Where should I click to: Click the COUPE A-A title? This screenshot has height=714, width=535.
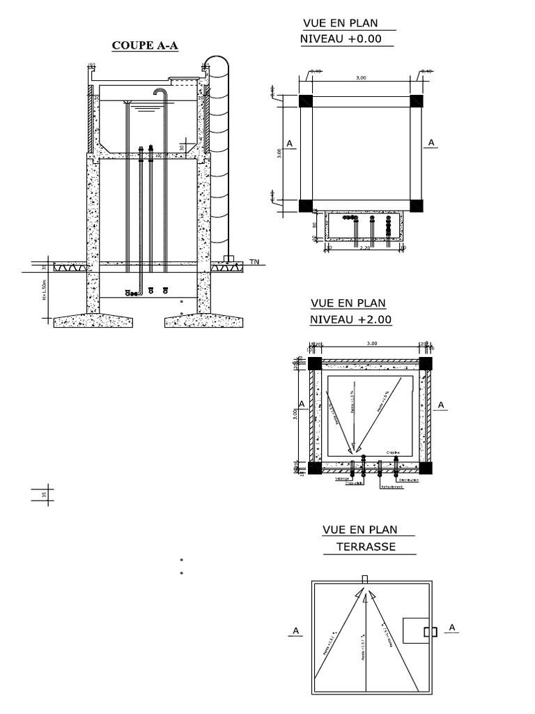click(146, 46)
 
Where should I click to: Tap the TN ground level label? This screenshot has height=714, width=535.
click(255, 262)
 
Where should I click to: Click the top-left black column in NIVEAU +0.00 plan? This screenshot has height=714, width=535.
click(306, 100)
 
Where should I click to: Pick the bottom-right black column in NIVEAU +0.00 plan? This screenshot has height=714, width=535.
click(416, 206)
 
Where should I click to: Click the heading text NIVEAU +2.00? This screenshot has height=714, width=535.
click(351, 320)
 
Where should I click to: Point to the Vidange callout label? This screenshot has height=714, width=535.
click(342, 479)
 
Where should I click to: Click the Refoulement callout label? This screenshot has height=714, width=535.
click(392, 487)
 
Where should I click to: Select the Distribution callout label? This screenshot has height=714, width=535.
click(409, 480)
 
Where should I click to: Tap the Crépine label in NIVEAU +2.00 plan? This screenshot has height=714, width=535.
click(393, 453)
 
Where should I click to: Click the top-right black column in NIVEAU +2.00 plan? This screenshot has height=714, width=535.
click(425, 363)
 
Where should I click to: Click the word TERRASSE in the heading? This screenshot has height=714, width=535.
click(366, 547)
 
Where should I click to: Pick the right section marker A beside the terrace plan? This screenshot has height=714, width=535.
click(451, 628)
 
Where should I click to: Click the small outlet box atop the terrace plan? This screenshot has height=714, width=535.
click(365, 579)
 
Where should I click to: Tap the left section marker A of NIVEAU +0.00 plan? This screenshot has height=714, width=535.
click(289, 143)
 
